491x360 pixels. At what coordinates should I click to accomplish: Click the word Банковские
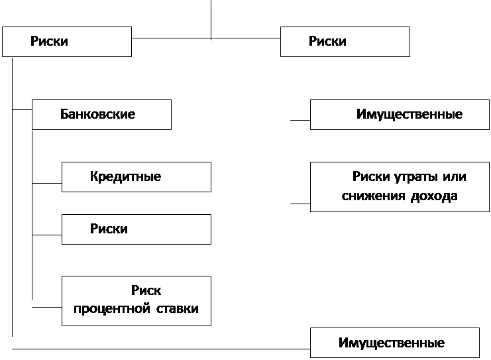tap(97, 114)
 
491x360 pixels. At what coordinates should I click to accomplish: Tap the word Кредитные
tap(126, 177)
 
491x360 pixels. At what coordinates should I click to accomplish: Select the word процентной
tap(112, 309)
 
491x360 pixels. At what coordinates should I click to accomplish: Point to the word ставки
tap(177, 308)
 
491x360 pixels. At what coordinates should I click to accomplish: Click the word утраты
tap(415, 177)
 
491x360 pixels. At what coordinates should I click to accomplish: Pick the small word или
tap(455, 177)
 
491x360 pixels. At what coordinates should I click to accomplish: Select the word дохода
tap(434, 196)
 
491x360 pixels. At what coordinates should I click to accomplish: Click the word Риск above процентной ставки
tap(146, 290)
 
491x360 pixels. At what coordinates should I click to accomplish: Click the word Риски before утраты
tap(371, 177)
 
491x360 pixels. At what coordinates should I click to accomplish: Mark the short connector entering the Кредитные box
tap(47, 183)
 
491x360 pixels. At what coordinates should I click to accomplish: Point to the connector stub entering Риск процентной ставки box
tap(47, 307)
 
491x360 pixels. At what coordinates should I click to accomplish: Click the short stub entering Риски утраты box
tap(300, 204)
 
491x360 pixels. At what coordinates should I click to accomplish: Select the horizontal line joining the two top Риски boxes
tap(206, 38)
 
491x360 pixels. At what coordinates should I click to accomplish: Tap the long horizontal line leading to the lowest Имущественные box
tap(161, 349)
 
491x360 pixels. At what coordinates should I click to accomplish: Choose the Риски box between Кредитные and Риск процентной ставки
tap(136, 229)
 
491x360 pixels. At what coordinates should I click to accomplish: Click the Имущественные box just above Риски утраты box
tap(400, 115)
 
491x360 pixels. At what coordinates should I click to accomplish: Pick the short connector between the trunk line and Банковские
tap(23, 109)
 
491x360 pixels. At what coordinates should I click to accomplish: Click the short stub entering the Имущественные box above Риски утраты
tap(300, 120)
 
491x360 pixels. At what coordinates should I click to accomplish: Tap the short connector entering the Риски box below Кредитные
tap(47, 235)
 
